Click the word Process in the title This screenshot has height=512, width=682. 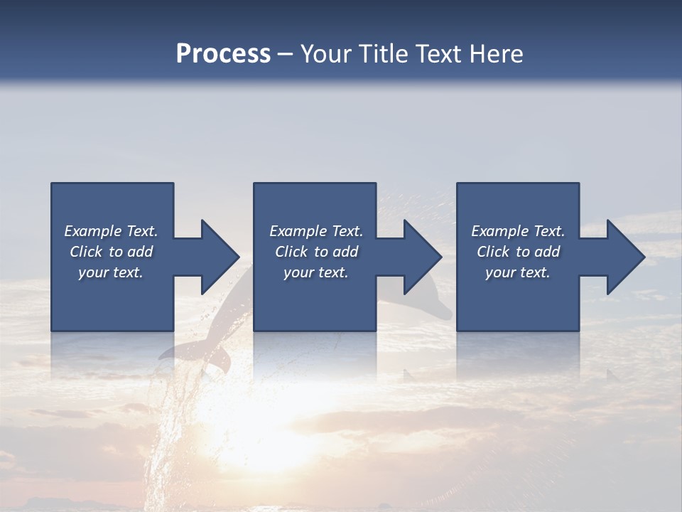(223, 54)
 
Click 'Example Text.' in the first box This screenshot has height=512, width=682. (111, 231)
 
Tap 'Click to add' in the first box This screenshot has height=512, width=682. (111, 252)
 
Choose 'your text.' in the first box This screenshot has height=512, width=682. (111, 272)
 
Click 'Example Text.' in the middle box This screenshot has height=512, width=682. (316, 231)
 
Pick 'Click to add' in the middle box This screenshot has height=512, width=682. (316, 252)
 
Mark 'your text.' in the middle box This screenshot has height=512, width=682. (316, 272)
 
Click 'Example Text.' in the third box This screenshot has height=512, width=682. (518, 231)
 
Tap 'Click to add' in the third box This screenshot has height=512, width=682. (518, 252)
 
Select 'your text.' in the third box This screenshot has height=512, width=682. (518, 272)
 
